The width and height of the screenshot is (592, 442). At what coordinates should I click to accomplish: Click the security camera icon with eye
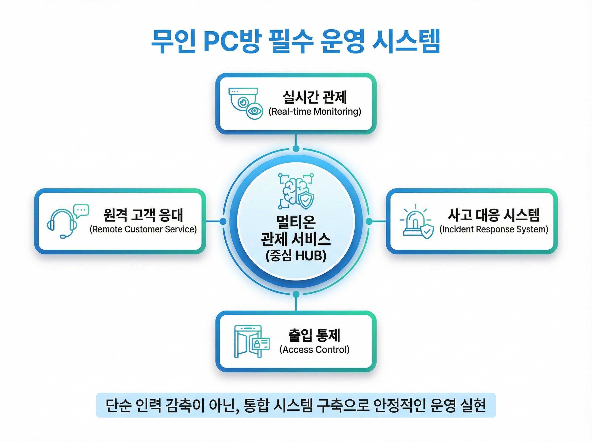[245, 104]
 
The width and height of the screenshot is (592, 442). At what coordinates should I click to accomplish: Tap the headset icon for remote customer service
[67, 221]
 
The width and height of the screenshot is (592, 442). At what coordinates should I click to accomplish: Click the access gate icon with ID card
[251, 341]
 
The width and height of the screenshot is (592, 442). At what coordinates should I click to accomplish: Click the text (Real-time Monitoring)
[314, 111]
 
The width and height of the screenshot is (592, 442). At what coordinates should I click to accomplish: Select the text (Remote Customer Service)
[143, 229]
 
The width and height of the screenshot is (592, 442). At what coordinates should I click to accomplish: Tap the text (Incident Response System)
[494, 229]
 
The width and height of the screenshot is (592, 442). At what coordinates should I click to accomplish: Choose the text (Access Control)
[314, 350]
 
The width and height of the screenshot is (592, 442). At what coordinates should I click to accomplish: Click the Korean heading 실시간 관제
[314, 97]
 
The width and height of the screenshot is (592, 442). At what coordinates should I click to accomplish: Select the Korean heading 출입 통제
[314, 335]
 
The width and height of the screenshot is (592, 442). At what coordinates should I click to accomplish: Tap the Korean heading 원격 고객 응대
[143, 215]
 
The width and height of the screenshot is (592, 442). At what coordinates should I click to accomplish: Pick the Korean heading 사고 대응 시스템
[494, 215]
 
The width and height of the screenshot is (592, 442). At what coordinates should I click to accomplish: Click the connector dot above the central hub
[296, 148]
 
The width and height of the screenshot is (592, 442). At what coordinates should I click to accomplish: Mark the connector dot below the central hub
[296, 294]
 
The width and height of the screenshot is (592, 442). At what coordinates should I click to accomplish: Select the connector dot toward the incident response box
[369, 221]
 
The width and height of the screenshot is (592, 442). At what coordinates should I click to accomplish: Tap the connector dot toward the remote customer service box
[223, 221]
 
